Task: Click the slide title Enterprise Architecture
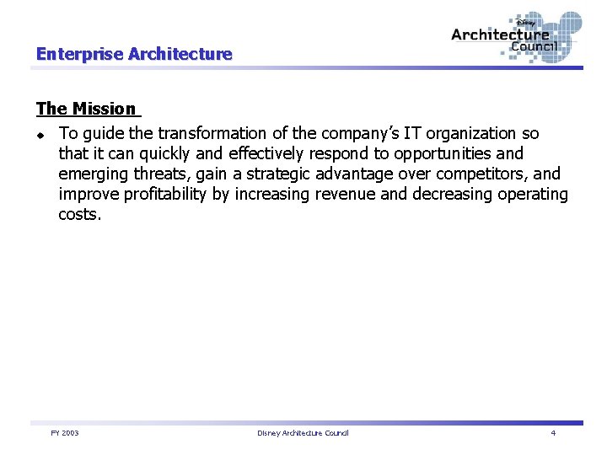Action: coord(133,54)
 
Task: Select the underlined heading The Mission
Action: coord(85,109)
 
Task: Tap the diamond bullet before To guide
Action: coord(40,134)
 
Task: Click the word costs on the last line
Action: coord(79,214)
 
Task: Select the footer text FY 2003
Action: coord(65,433)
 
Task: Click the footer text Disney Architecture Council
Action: coord(303,433)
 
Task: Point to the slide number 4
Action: coord(553,433)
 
